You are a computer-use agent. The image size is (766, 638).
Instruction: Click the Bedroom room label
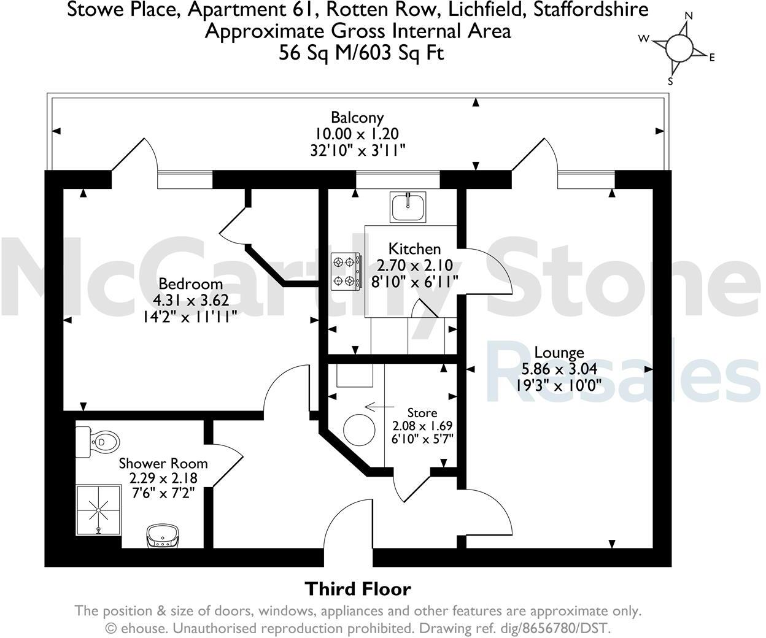190,284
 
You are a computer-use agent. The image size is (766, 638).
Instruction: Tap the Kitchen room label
415,248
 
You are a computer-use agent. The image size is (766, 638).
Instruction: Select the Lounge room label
559,353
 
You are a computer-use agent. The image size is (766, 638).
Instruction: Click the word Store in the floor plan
422,413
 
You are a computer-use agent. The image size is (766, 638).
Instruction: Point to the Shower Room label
163,463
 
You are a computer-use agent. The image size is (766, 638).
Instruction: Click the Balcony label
357,117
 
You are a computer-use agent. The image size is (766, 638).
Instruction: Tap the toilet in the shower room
98,440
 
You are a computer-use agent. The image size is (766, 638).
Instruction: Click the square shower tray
98,508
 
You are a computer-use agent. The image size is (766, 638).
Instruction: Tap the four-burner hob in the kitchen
346,271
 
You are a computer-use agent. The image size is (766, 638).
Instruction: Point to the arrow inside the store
379,406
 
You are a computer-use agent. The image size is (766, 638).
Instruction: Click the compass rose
678,48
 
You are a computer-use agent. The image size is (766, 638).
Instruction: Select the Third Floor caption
358,589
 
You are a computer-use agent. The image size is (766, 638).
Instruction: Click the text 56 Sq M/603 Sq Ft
362,53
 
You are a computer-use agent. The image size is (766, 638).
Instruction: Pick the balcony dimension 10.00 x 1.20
357,133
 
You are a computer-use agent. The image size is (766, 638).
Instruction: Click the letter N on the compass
689,16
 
